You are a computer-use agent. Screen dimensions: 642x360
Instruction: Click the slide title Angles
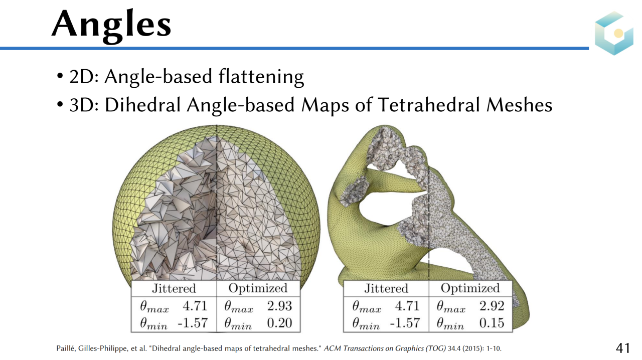111,26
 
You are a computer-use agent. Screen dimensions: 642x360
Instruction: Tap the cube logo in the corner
614,33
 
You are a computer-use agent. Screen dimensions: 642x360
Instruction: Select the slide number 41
623,348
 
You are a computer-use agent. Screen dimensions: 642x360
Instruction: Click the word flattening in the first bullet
261,77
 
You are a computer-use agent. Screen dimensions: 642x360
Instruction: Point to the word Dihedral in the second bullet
143,105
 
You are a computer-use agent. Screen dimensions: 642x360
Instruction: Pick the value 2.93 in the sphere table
279,306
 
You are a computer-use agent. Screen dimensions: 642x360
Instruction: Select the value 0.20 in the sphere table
279,323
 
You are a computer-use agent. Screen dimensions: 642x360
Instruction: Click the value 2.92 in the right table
492,306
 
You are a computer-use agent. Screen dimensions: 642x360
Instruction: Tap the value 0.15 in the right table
492,323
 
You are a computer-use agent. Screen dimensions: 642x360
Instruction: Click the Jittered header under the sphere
174,288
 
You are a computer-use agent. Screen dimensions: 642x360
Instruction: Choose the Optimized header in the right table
470,289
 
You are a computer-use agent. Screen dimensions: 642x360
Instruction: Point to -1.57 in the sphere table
193,323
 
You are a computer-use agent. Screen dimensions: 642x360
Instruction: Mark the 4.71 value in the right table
407,306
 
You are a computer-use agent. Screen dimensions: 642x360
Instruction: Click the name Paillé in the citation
66,348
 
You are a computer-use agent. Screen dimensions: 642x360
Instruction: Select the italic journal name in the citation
385,348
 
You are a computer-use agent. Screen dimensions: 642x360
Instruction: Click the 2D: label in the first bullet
84,77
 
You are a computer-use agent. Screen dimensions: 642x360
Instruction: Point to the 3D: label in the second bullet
84,105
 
